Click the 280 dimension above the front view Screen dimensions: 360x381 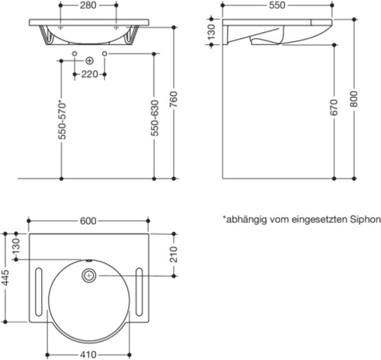pos(89,5)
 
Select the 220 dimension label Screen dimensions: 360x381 pos(89,75)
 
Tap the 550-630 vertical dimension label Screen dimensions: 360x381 pos(155,119)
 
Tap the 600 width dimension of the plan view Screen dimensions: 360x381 pos(88,221)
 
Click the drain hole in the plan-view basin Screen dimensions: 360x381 pos(89,274)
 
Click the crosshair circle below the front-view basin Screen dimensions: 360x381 pos(89,59)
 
